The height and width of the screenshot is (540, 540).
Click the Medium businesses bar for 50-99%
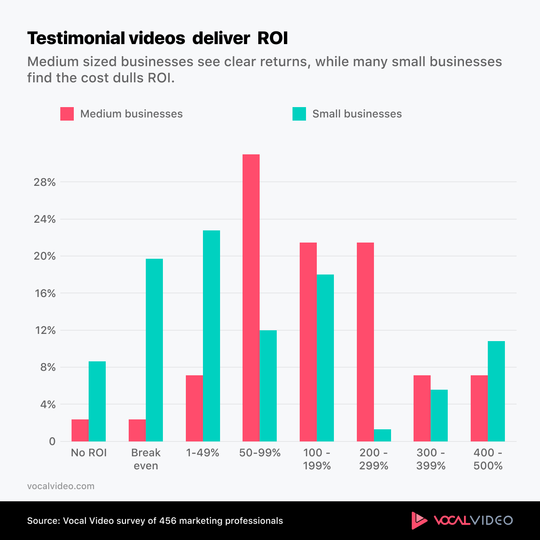[x=251, y=297]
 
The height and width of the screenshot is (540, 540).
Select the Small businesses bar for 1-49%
[x=211, y=336]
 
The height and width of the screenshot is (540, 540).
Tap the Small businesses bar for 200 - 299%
[x=382, y=435]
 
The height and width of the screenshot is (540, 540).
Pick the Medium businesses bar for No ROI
[x=80, y=430]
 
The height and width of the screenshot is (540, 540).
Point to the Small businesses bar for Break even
[x=154, y=350]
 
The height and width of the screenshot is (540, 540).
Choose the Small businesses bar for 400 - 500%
[x=496, y=391]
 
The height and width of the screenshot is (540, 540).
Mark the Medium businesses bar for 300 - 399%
[x=422, y=408]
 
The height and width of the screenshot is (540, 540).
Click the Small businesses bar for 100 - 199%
[x=325, y=358]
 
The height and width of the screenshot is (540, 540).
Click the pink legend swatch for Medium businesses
[x=67, y=114]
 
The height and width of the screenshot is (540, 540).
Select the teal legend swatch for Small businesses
[x=299, y=114]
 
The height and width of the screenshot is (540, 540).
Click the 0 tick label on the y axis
[x=52, y=441]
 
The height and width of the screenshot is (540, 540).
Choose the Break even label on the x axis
[x=146, y=459]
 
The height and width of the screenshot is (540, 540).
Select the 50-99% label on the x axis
[x=260, y=453]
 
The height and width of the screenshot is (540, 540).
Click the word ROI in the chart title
[x=272, y=39]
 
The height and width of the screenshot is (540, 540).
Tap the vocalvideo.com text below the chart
[x=61, y=486]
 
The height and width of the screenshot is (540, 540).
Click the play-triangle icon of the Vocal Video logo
[x=418, y=520]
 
